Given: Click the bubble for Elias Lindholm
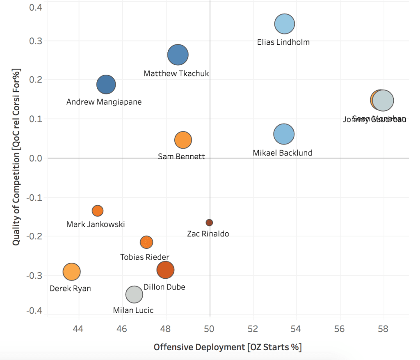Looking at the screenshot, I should click(x=285, y=23).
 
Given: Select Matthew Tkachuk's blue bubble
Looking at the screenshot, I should click(x=178, y=55).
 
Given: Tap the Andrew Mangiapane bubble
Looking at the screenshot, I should click(x=106, y=85).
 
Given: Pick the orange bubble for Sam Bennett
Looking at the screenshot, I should click(x=183, y=140).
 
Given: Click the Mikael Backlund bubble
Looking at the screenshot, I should click(x=284, y=134).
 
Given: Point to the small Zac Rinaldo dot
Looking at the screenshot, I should click(x=209, y=222).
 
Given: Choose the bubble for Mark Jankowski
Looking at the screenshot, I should click(x=97, y=211).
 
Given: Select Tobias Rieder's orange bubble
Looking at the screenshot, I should click(x=146, y=242).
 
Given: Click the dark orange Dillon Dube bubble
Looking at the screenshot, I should click(x=165, y=270).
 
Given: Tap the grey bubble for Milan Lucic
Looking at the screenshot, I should click(x=134, y=294).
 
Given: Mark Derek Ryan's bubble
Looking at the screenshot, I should click(x=72, y=271).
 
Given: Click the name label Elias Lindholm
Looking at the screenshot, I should click(x=283, y=42).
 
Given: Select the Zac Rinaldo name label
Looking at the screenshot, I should click(x=208, y=234).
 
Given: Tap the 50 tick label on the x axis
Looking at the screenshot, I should click(x=210, y=329).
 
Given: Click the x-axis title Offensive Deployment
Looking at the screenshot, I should click(x=227, y=347).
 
